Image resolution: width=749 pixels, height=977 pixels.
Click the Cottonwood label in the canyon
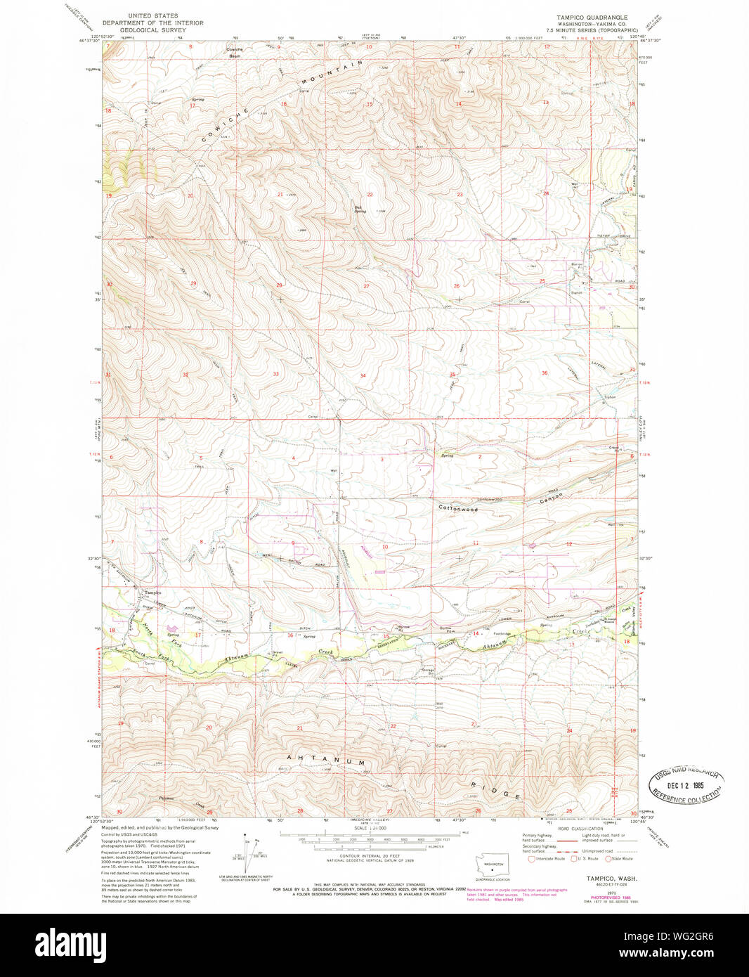coord(457,508)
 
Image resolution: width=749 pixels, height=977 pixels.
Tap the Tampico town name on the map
coord(152,593)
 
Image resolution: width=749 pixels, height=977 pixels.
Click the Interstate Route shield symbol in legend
coord(531,858)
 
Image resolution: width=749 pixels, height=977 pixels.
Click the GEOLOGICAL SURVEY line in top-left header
coord(152,30)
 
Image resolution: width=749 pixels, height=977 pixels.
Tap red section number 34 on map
coord(363,375)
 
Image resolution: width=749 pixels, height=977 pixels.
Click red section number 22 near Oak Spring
coord(370,194)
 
